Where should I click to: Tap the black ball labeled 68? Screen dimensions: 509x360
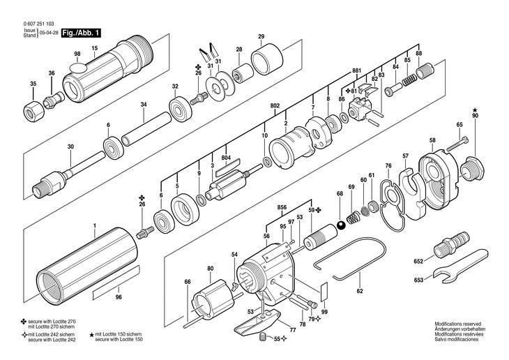340,225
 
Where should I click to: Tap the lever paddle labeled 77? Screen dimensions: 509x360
257,322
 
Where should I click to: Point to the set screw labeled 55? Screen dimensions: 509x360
263,338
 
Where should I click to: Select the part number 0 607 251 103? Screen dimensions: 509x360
38,24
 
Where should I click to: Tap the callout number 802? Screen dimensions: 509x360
275,106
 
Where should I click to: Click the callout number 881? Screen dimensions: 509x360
357,71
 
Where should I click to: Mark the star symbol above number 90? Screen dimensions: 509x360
476,110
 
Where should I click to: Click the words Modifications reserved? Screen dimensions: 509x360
457,324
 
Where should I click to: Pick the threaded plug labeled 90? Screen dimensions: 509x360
473,169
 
